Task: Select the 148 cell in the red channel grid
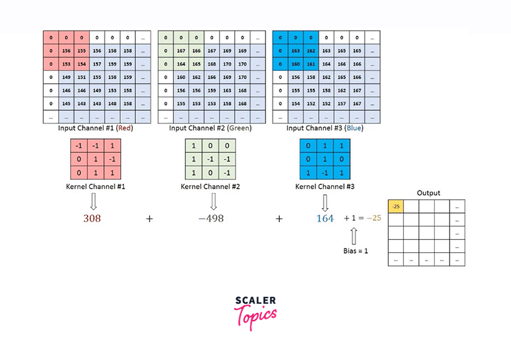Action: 113,103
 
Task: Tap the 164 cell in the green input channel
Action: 181,64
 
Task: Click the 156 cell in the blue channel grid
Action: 296,78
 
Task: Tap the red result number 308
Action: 92,219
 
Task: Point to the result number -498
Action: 211,219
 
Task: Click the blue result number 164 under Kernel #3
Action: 325,219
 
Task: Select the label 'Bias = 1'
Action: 356,250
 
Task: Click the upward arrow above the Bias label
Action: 354,235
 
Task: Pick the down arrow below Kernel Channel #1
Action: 93,201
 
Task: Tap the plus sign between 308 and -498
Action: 149,219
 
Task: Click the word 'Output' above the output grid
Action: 428,193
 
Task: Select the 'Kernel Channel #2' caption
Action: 210,187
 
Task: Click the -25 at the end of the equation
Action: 374,219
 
